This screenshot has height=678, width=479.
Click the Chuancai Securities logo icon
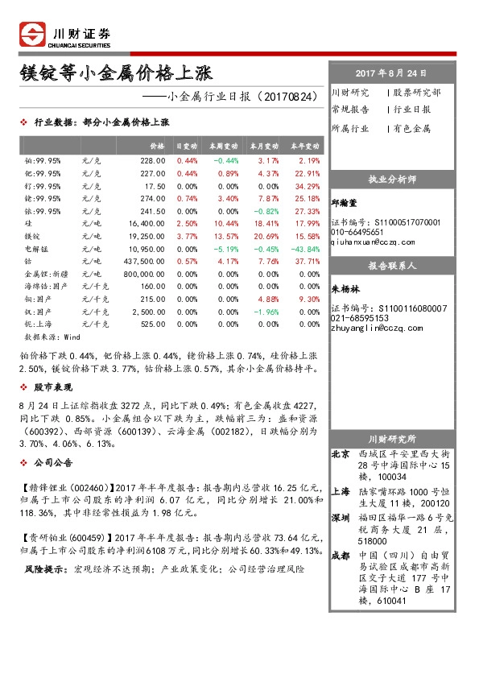pyautogui.click(x=32, y=34)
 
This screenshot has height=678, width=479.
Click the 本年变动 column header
pyautogui.click(x=305, y=147)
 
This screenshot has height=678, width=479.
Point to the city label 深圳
pyautogui.click(x=341, y=517)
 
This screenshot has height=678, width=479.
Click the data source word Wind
pyautogui.click(x=72, y=337)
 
